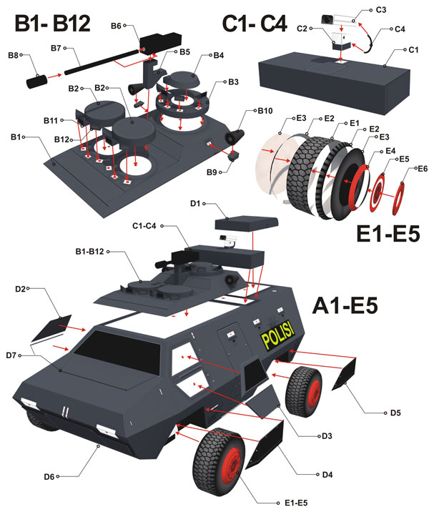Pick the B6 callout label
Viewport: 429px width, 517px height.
117,26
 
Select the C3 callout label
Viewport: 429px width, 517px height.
381,10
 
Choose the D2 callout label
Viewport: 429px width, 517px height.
21,289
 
